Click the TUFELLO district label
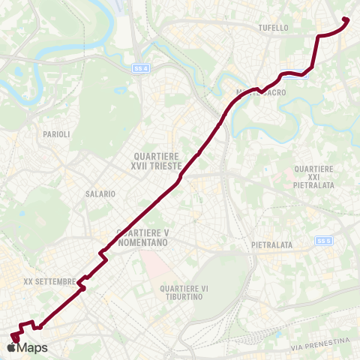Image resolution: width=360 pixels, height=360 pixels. (273, 28)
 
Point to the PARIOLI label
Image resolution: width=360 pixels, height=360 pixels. (56, 134)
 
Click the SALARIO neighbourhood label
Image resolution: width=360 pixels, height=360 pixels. (100, 193)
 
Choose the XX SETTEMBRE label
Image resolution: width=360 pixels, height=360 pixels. (49, 282)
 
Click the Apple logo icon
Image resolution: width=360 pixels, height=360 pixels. (10, 348)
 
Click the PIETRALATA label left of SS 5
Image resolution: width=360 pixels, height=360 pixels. (271, 245)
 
